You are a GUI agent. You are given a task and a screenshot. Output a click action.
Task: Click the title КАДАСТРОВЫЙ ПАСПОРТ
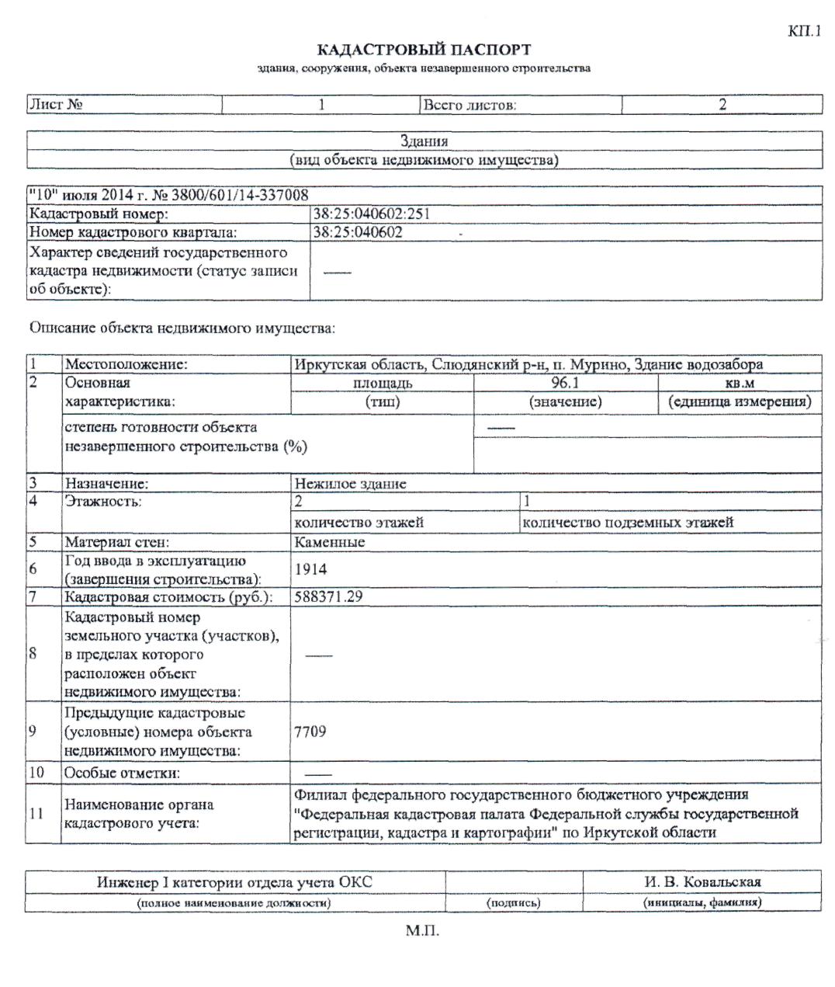click(x=424, y=50)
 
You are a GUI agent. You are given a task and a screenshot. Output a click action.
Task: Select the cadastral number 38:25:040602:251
click(x=371, y=214)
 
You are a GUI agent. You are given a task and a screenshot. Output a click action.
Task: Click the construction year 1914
click(x=311, y=569)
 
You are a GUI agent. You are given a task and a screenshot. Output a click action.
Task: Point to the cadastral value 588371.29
click(x=329, y=597)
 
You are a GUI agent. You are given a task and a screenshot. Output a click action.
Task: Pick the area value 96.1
click(x=565, y=383)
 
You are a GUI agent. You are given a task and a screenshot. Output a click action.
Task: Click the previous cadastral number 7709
click(x=310, y=732)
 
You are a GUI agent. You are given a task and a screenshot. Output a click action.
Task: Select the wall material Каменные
click(x=330, y=542)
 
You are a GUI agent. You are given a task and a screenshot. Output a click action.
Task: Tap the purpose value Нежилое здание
click(x=350, y=483)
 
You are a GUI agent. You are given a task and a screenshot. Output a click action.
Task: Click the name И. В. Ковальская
click(x=702, y=881)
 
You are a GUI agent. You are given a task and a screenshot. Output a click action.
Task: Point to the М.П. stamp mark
click(x=422, y=930)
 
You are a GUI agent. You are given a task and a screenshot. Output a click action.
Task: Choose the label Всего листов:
click(x=469, y=105)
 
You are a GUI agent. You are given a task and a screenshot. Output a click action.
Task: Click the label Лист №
click(x=56, y=105)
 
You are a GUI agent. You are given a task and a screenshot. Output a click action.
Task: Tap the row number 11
click(x=36, y=813)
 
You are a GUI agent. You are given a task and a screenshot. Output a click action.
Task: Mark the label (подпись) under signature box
click(x=513, y=902)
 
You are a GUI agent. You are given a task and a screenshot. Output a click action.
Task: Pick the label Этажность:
click(x=103, y=502)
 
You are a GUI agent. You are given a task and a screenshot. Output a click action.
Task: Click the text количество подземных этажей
click(x=628, y=522)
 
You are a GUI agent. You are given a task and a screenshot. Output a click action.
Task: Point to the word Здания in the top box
click(x=424, y=141)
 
